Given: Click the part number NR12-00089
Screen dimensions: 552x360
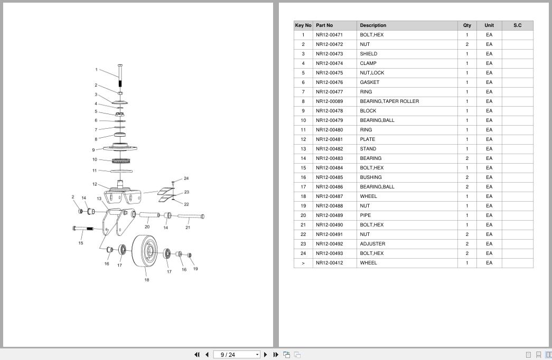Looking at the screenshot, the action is point(329,101).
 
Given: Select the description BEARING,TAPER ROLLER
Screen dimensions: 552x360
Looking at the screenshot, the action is point(389,101).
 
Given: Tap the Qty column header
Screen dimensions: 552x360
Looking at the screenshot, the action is point(467,25).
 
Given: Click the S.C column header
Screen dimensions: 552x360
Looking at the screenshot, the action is point(517,25).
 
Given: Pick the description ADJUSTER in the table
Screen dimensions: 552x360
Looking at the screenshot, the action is point(372,244).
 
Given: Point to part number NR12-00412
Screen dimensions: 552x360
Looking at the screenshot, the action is point(329,263).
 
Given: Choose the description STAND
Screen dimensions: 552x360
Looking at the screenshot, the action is point(368,149).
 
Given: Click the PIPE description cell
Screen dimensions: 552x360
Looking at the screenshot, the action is point(365,215).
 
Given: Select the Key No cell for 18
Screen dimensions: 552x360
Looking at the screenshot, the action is point(303,196).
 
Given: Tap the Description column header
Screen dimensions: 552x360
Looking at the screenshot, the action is point(373,25).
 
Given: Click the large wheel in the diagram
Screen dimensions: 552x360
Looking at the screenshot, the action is point(145,251).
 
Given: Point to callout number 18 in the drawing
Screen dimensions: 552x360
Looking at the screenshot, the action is point(146,280).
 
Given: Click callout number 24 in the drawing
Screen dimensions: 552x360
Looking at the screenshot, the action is point(186,178).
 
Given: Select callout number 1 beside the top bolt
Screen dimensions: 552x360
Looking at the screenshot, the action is point(96,70).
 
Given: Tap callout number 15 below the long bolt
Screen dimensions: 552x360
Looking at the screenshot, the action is point(81,243).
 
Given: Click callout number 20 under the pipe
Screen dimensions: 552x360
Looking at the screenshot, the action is point(147,227).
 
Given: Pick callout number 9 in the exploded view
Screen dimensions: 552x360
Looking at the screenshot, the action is point(93,150).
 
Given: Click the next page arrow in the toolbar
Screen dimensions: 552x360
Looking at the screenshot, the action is point(266,355).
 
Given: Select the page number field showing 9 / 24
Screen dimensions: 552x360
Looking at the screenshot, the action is point(237,355).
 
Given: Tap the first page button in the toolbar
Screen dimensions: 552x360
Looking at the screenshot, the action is point(197,355).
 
